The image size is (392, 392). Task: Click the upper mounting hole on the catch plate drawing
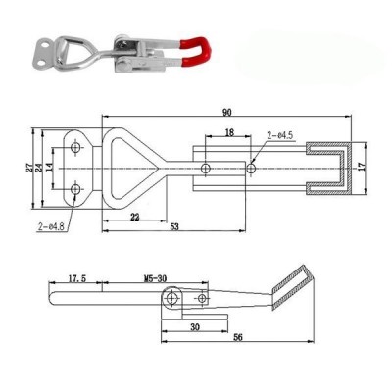point(75,149)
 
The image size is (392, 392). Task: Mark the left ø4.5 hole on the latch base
point(204,168)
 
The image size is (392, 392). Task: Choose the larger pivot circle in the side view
point(173,297)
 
